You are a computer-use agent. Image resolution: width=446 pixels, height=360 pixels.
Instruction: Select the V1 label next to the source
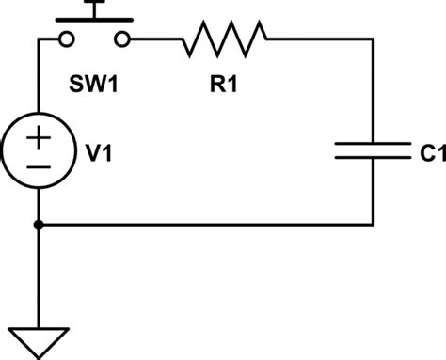tap(102, 149)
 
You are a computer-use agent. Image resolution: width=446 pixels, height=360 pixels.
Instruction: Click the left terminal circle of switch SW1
tap(65, 39)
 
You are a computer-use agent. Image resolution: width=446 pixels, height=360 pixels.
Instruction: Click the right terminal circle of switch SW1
tap(123, 39)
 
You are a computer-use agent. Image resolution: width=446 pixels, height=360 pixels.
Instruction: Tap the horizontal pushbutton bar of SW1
tap(94, 20)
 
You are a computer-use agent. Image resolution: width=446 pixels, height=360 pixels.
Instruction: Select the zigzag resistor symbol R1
tap(225, 39)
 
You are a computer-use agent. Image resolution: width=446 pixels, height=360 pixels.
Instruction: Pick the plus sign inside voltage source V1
tap(39, 137)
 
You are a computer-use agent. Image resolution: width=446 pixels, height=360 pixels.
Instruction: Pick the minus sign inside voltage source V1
tap(39, 166)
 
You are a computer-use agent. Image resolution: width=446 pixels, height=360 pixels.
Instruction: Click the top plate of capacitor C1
tap(375, 142)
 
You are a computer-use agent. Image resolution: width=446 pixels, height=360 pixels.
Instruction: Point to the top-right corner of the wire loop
tap(375, 39)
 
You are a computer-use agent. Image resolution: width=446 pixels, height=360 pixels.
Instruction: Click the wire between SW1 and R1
tap(155, 39)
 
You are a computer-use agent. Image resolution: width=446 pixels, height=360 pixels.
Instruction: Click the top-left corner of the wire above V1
tap(39, 39)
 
